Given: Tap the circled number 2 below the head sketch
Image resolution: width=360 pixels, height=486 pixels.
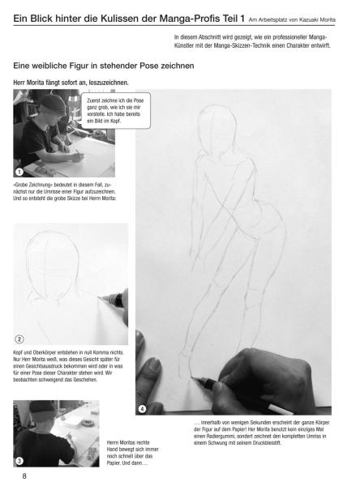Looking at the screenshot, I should click(20, 339).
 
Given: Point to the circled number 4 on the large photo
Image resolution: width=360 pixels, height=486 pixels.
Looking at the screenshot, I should click(143, 408).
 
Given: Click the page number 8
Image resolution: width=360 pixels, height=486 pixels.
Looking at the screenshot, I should click(25, 475).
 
